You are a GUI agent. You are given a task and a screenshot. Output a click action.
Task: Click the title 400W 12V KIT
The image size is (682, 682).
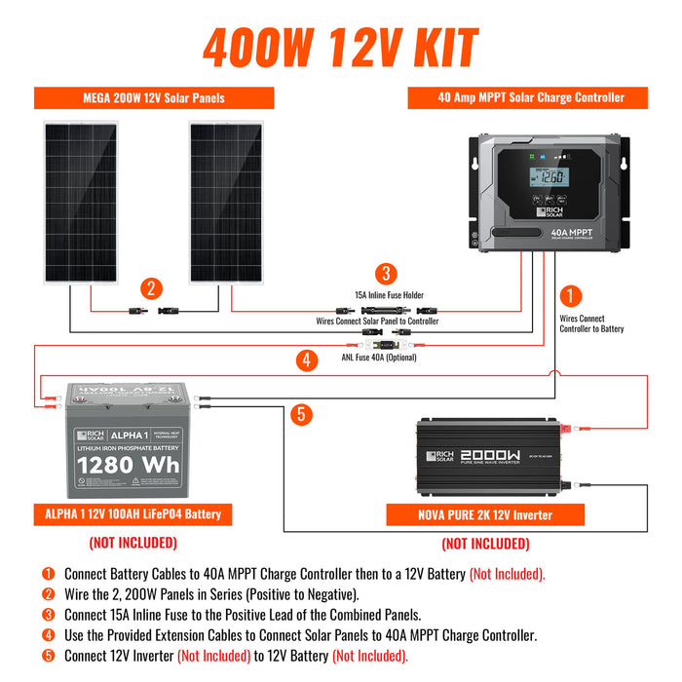click(340, 47)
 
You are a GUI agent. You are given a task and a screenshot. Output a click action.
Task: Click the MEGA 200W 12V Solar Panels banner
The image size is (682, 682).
click(154, 98)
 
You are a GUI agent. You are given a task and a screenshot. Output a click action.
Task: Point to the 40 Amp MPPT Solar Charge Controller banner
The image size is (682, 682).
click(529, 97)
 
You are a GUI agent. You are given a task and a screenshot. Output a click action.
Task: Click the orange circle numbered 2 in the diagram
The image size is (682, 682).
click(150, 288)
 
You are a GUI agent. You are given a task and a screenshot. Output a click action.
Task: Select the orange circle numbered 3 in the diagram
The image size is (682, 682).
click(388, 274)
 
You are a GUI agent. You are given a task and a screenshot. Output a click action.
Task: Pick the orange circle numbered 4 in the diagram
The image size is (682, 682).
click(306, 360)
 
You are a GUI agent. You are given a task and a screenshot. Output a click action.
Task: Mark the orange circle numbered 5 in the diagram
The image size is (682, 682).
click(302, 414)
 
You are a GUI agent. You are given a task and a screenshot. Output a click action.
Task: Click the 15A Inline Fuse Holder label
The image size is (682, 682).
click(389, 294)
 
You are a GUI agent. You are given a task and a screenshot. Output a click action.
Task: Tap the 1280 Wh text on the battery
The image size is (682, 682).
click(129, 465)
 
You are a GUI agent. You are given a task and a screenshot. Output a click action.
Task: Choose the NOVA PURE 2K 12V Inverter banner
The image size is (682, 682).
click(485, 515)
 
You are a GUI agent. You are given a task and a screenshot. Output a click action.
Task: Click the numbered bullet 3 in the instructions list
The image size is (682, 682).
click(47, 615)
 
